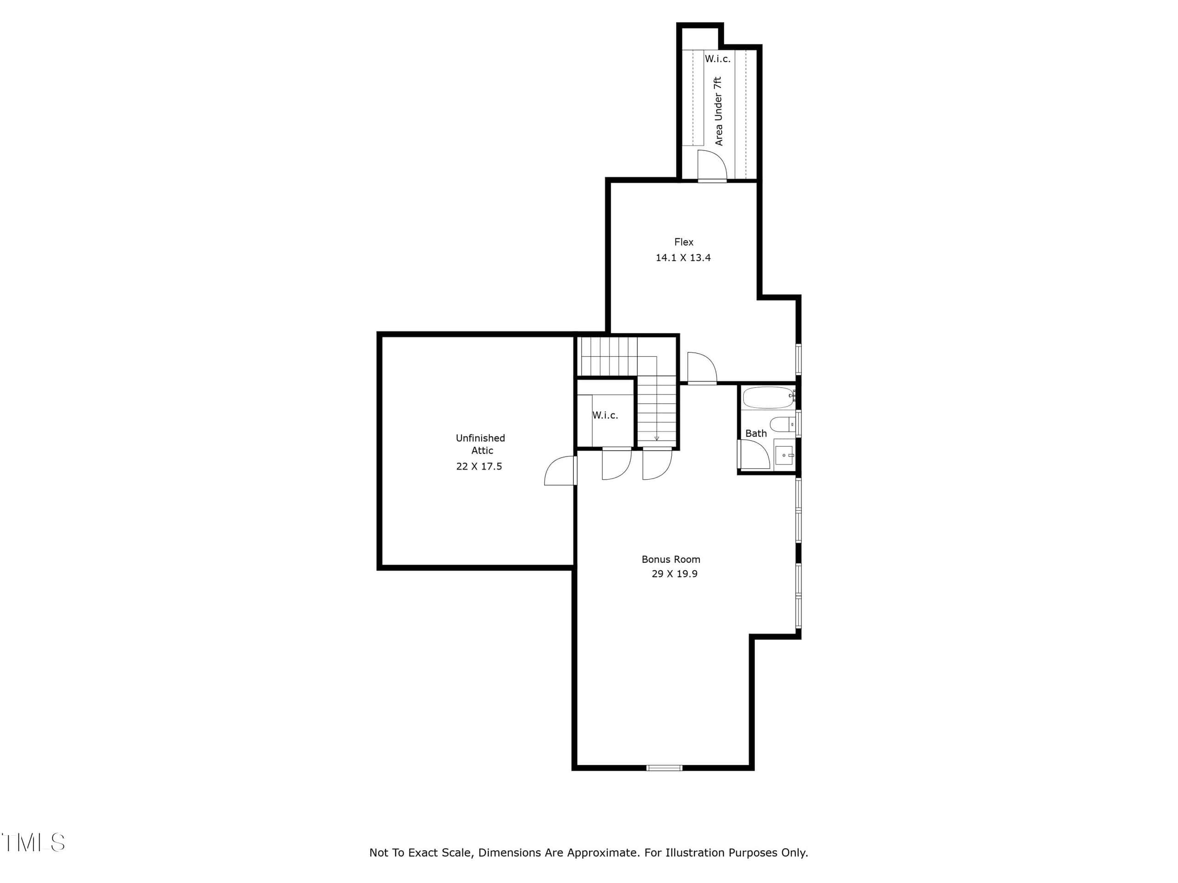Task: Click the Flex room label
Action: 684,242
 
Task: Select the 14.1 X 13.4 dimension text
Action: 683,258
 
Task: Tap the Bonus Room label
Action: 671,559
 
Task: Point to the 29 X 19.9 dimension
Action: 675,574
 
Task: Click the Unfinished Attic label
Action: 481,444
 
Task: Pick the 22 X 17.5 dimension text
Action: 479,466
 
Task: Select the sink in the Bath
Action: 785,456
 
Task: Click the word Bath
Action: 756,433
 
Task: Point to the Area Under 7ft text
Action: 719,111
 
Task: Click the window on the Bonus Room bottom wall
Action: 664,768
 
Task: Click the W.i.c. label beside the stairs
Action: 606,415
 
